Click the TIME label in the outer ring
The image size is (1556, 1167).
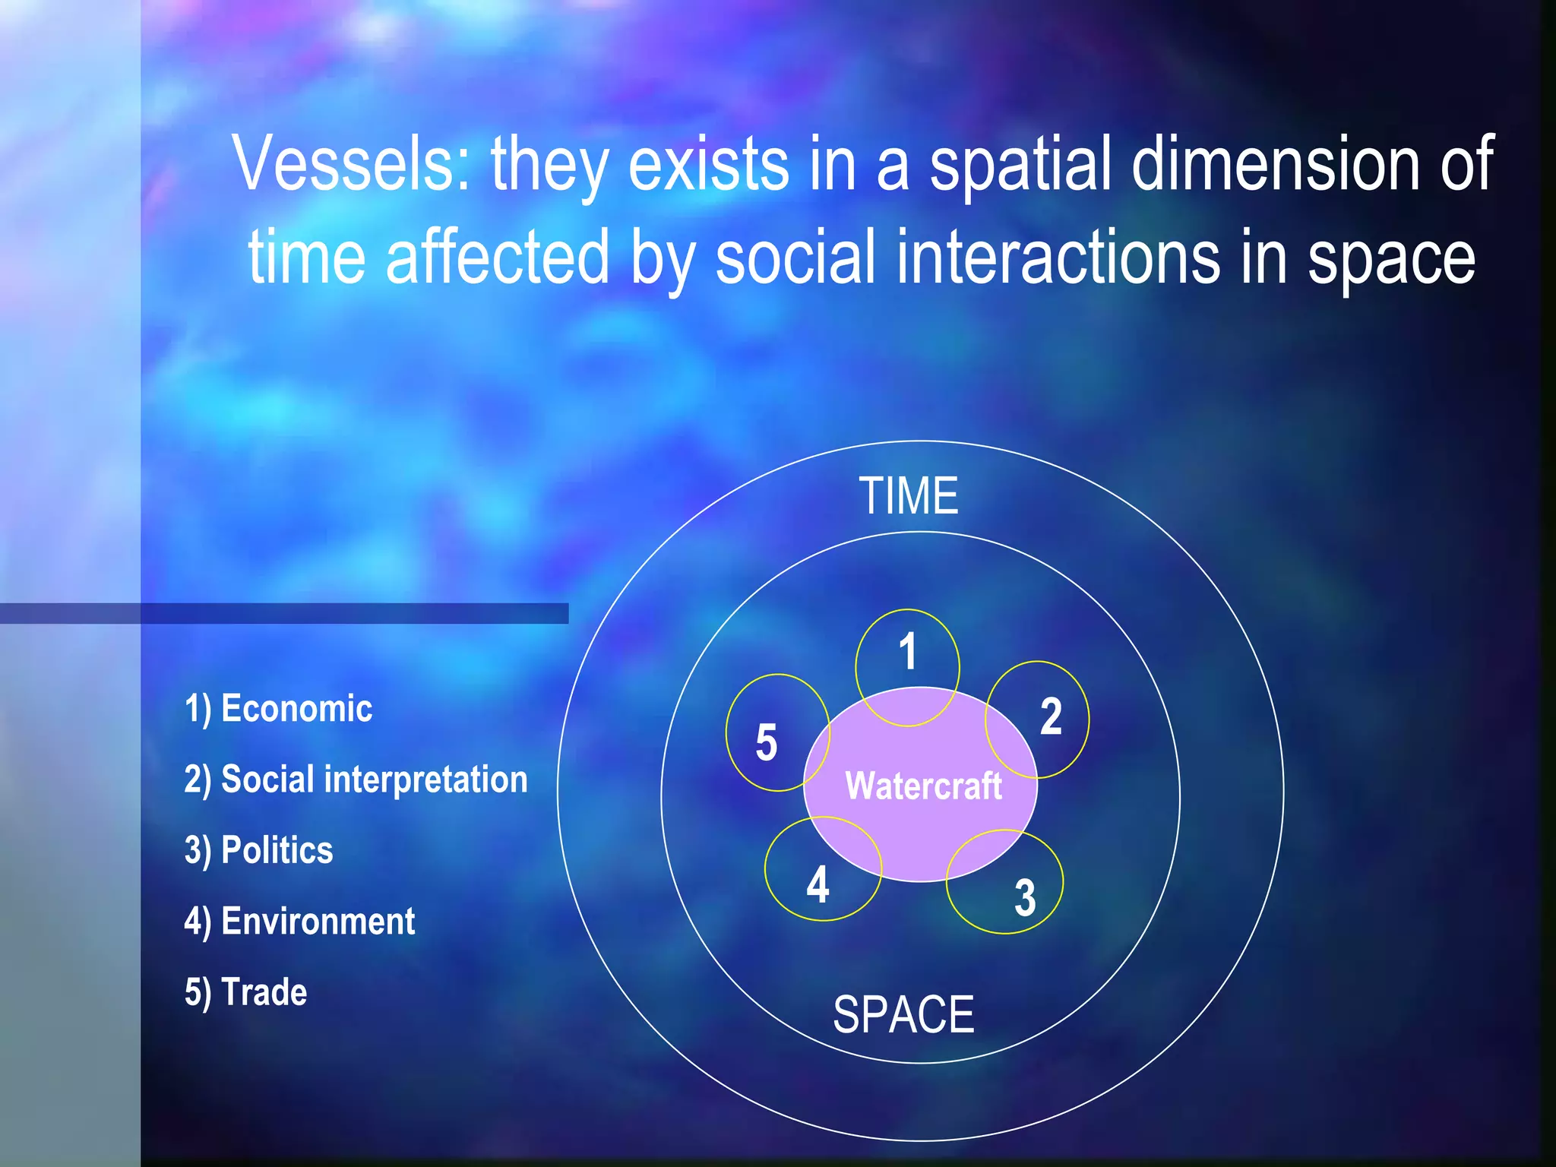tap(909, 496)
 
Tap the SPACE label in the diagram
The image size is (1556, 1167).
tap(903, 1014)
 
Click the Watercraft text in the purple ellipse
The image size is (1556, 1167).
tap(923, 786)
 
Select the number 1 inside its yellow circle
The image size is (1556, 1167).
tap(907, 652)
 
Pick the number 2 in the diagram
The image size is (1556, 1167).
tap(1051, 716)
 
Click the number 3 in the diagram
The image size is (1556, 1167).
tap(1025, 897)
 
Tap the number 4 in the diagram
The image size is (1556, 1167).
tap(818, 885)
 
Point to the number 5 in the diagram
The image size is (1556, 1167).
tap(766, 742)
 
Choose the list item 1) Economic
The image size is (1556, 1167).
tap(278, 709)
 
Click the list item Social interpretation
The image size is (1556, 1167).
tap(356, 780)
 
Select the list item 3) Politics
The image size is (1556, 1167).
tap(258, 851)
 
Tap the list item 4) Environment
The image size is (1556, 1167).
tap(299, 922)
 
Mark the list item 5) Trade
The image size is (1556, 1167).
tap(245, 992)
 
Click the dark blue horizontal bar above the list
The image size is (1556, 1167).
tap(284, 613)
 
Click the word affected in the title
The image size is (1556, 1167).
tap(498, 258)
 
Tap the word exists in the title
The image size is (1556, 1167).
tap(709, 163)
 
